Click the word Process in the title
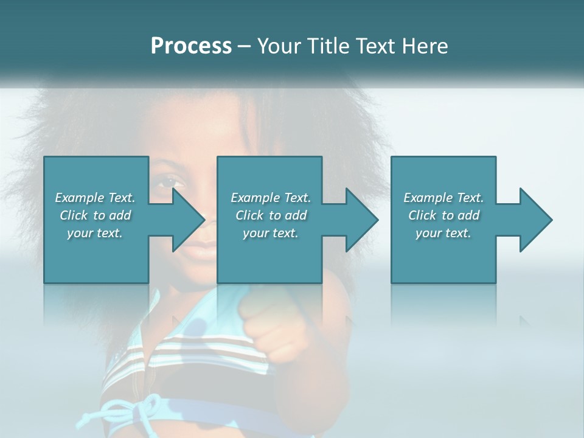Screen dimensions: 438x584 191,46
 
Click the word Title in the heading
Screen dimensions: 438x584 327,46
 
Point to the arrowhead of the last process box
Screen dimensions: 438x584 532,220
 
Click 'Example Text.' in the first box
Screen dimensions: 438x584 96,198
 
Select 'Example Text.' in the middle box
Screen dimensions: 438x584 271,198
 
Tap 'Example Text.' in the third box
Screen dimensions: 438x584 443,198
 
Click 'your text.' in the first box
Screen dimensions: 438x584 96,233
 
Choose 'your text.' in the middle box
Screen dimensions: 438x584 271,233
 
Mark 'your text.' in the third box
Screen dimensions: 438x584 443,233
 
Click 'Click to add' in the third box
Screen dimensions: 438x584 443,215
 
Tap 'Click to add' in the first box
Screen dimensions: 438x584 96,215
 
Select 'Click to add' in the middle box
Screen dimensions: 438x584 271,215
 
